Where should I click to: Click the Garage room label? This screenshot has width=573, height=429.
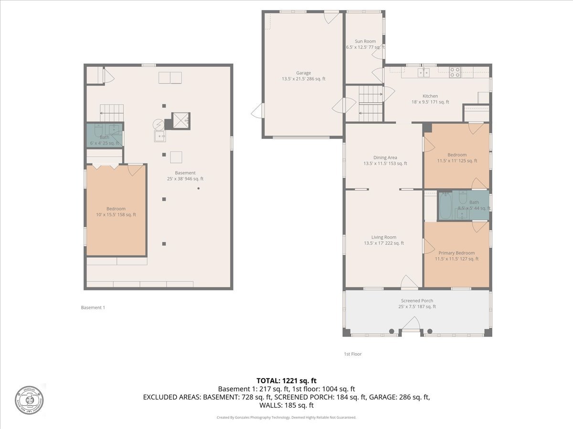[304, 76]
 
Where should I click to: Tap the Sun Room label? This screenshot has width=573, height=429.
[365, 44]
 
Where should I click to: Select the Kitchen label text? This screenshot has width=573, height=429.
[430, 99]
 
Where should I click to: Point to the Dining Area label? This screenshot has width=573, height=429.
[385, 161]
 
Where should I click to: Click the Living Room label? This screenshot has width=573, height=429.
[384, 240]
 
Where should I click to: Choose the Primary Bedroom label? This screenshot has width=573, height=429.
[456, 256]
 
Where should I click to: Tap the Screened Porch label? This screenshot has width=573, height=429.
[417, 304]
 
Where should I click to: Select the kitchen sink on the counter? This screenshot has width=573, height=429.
[423, 72]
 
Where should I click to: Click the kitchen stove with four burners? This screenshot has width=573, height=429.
[455, 72]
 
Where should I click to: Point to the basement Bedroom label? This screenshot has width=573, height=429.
[116, 212]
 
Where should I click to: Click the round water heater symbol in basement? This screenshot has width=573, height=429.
[159, 124]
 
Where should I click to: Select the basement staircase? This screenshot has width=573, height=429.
[112, 112]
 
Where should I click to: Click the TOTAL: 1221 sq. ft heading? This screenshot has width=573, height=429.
[286, 380]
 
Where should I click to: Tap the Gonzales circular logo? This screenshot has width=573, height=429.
[29, 399]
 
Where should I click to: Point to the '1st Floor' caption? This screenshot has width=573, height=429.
[352, 354]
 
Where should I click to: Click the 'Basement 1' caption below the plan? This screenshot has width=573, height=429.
[93, 307]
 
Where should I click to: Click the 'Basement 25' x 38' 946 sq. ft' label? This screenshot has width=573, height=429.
[185, 176]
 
